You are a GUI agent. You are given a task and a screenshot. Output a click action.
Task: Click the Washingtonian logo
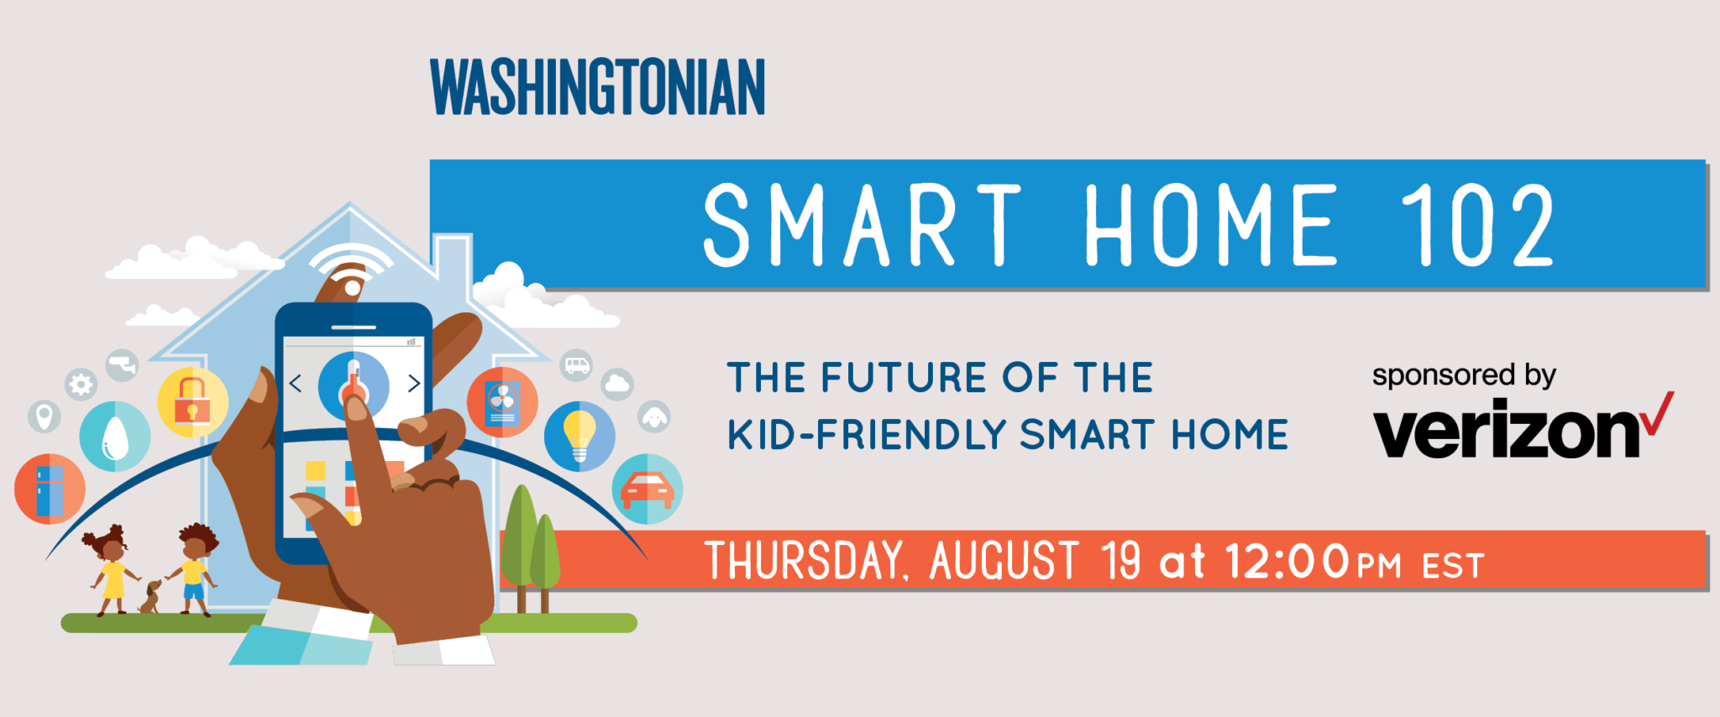tap(597, 86)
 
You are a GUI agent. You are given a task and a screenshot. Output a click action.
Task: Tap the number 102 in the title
tap(1477, 225)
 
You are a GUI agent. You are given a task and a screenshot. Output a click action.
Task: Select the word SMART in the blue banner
tap(862, 225)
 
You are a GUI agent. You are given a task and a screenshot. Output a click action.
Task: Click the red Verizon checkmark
tap(1657, 413)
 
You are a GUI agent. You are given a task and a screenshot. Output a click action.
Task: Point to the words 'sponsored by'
tap(1464, 375)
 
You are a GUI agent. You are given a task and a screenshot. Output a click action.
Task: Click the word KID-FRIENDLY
tap(866, 435)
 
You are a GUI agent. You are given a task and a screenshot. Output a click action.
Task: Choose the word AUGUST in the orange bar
tap(1004, 560)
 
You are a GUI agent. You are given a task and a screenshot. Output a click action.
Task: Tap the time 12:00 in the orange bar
tap(1287, 561)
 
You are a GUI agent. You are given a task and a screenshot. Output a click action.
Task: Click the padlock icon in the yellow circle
tap(192, 400)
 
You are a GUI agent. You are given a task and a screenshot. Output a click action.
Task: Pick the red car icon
tap(647, 490)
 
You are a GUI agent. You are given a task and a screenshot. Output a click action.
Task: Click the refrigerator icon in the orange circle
tap(50, 490)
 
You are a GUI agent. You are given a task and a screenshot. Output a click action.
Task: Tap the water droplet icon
tap(115, 437)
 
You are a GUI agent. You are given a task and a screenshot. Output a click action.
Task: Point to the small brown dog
tap(150, 596)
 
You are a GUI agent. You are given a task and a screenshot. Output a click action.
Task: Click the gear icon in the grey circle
tap(81, 385)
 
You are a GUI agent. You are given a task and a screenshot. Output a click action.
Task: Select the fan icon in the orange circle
tap(502, 402)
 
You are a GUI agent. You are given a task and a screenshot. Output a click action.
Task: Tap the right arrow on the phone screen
tap(414, 384)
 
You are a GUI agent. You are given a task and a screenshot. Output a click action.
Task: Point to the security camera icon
tap(123, 365)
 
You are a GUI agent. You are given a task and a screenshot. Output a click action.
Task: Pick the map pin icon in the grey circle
tap(45, 416)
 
